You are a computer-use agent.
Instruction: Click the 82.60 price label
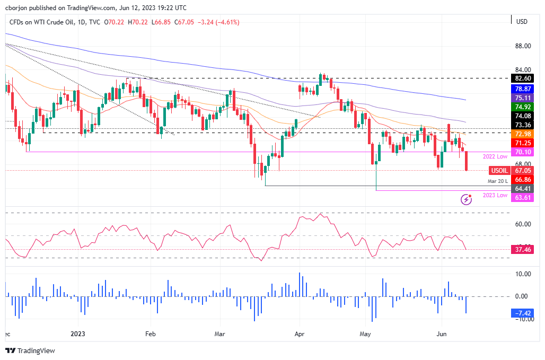click(x=522, y=78)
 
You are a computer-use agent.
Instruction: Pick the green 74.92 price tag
click(x=522, y=107)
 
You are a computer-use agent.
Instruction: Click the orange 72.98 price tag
click(x=522, y=134)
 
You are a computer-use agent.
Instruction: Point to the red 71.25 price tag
click(x=522, y=143)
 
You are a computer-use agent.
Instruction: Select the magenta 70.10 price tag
click(x=522, y=152)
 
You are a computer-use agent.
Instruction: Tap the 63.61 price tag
click(x=522, y=197)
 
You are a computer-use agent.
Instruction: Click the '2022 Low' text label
click(x=495, y=157)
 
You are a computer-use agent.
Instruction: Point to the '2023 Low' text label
click(x=495, y=195)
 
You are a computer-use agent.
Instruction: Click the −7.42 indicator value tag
click(x=522, y=313)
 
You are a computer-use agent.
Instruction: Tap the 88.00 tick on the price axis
click(x=522, y=46)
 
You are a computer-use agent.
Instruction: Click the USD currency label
click(x=522, y=21)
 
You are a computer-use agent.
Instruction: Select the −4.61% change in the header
click(x=226, y=22)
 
